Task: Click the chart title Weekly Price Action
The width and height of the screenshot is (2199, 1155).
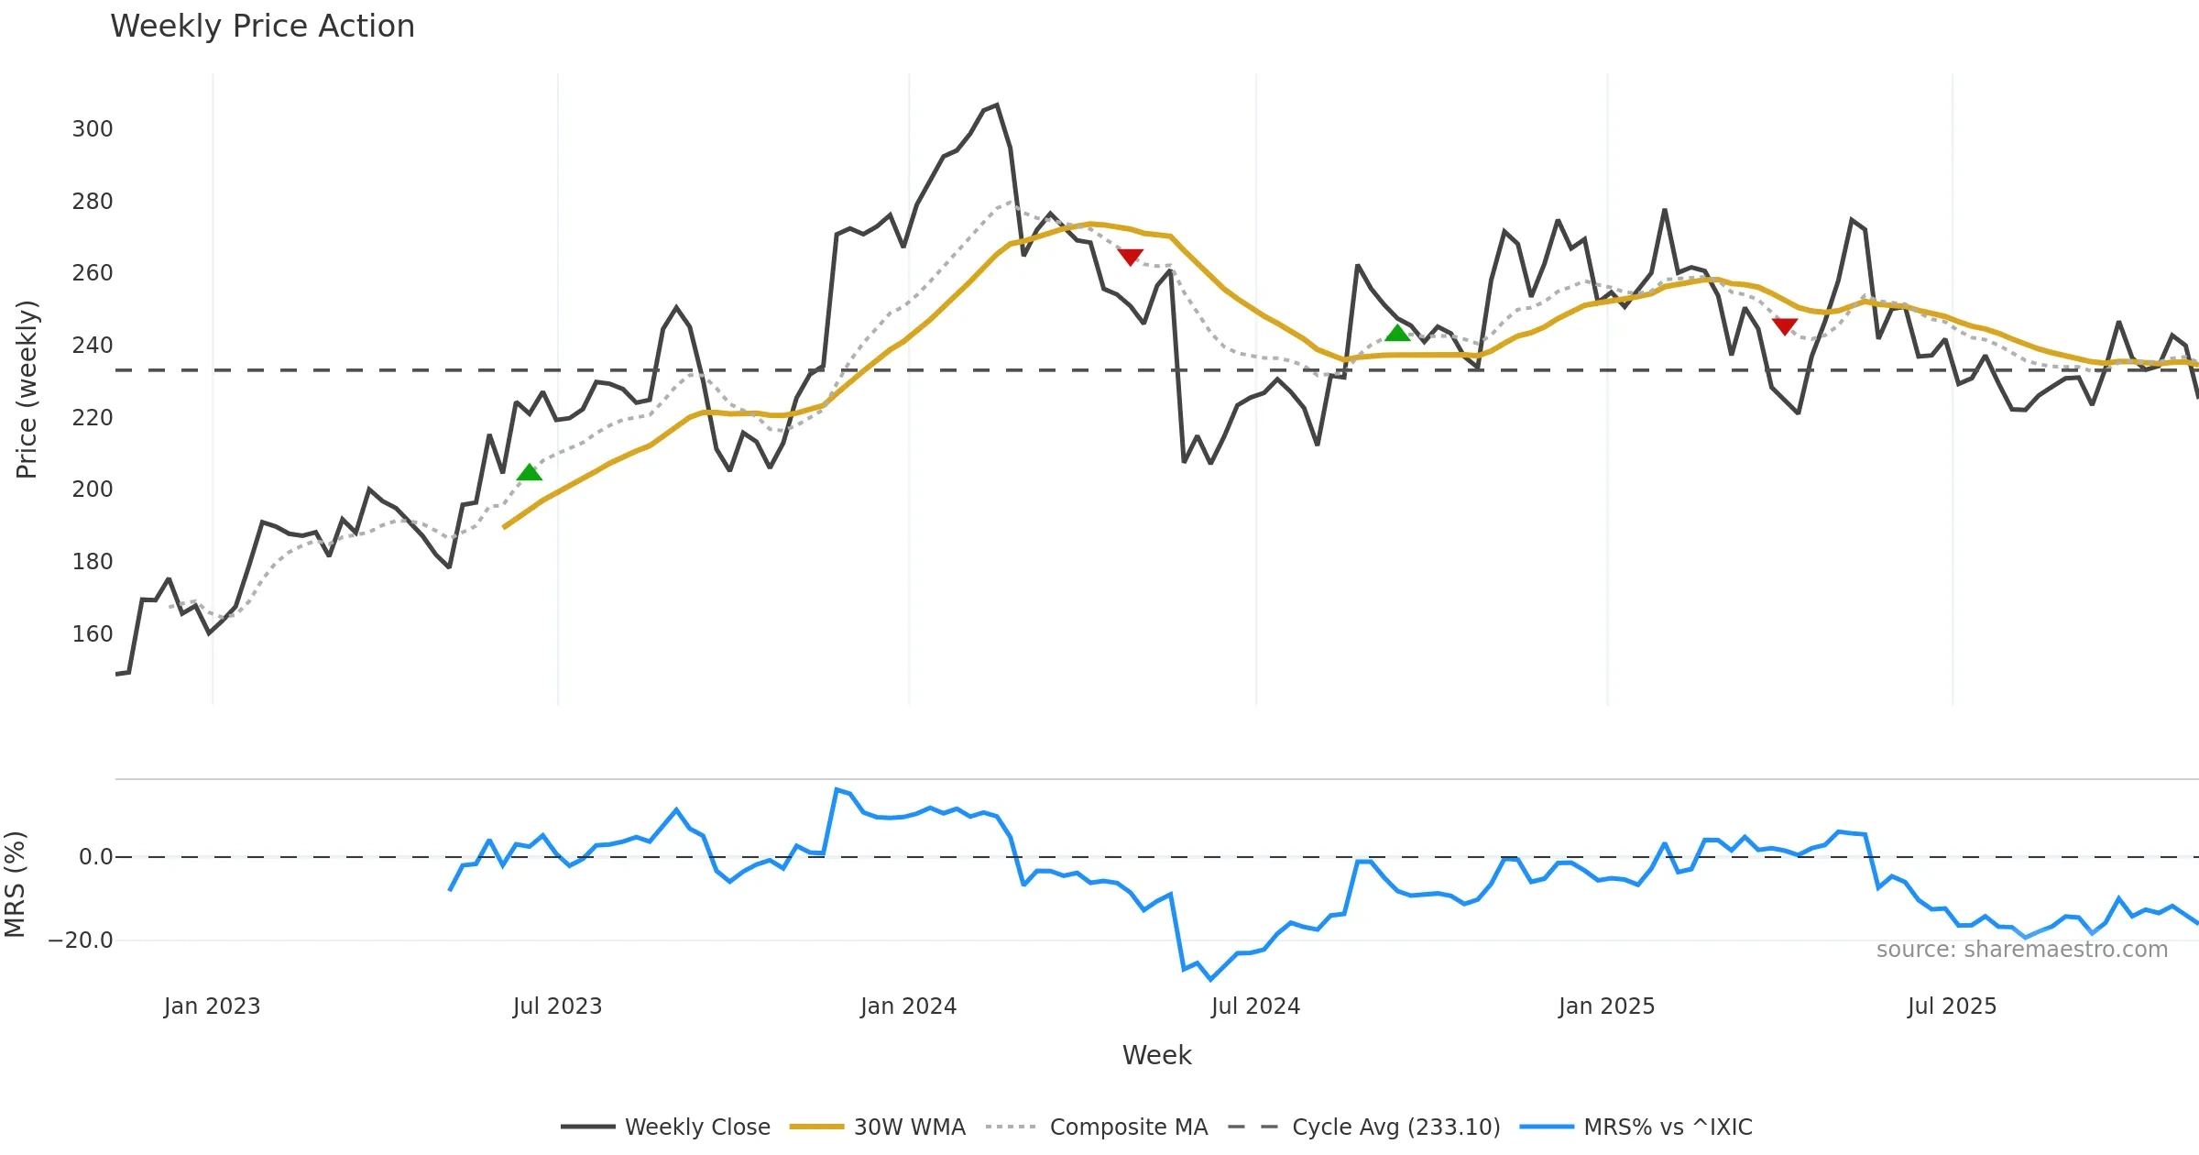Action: pyautogui.click(x=262, y=27)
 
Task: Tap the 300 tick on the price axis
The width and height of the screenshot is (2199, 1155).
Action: pyautogui.click(x=93, y=129)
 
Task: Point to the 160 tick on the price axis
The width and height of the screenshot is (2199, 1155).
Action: pyautogui.click(x=93, y=634)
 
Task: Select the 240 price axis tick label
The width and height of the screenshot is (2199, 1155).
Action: pyautogui.click(x=93, y=346)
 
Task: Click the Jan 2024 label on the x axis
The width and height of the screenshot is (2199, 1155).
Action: pyautogui.click(x=908, y=1006)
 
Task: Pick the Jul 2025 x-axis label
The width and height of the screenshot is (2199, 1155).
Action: pyautogui.click(x=1952, y=1006)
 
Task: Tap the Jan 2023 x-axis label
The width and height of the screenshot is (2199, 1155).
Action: pyautogui.click(x=212, y=1006)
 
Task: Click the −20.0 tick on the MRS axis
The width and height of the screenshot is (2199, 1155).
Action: pyautogui.click(x=81, y=940)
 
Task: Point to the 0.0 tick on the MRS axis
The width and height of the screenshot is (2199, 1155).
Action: pyautogui.click(x=95, y=857)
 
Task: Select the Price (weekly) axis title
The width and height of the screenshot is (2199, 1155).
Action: pyautogui.click(x=27, y=390)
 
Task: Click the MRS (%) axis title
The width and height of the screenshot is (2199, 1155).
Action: pyautogui.click(x=16, y=885)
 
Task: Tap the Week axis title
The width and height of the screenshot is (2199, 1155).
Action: pyautogui.click(x=1156, y=1056)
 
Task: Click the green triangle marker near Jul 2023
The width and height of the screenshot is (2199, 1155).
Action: pyautogui.click(x=530, y=473)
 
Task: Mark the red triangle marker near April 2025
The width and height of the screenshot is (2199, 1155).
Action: pyautogui.click(x=1784, y=326)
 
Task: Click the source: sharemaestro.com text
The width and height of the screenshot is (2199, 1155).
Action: pyautogui.click(x=2021, y=950)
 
